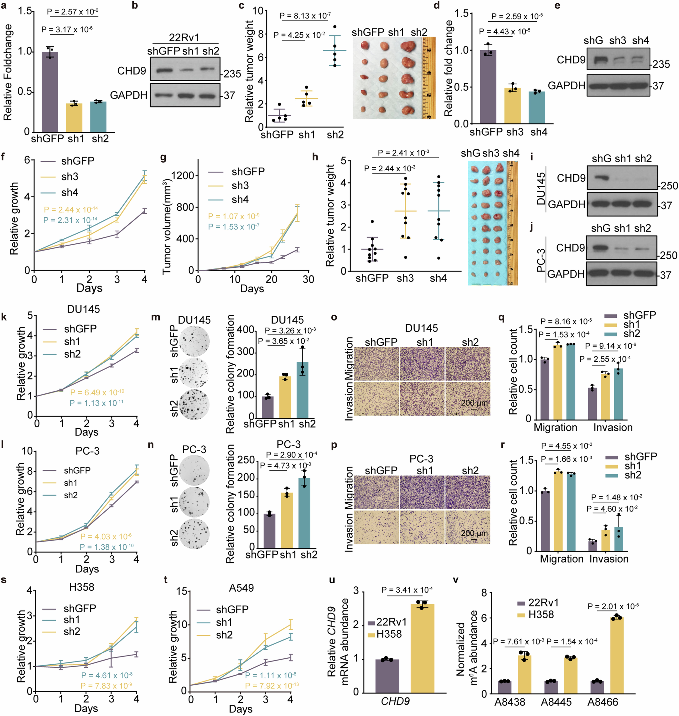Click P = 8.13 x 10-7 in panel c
305,16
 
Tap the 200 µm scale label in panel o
474,403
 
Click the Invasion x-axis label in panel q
613,428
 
